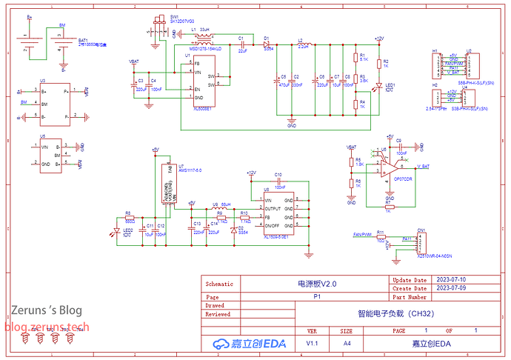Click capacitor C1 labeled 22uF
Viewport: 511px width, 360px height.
[241, 44]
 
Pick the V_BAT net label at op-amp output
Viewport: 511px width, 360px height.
[423, 167]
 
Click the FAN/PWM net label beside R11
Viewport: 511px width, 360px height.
[361, 234]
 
